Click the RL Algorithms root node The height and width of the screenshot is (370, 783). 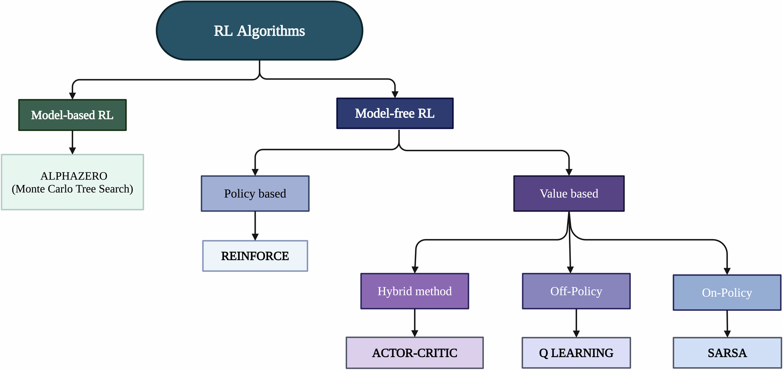pos(260,31)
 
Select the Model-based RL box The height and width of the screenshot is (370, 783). pos(72,115)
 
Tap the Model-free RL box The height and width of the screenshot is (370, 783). pos(395,113)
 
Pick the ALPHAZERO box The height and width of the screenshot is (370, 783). pos(72,182)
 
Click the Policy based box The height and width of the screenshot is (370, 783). pos(255,194)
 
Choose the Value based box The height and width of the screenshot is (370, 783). pos(569,194)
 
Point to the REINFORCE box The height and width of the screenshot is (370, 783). pos(255,256)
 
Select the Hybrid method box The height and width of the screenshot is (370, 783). pos(415,291)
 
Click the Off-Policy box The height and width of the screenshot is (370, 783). pos(576,291)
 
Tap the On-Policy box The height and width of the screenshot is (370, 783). pos(727,293)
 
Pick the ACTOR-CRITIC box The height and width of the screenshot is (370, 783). pos(415,353)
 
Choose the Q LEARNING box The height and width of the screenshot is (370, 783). pos(576,353)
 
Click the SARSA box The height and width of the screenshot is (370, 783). pos(727,353)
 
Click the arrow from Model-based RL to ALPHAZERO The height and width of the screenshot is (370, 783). pos(72,142)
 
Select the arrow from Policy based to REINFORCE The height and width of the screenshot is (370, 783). pos(255,226)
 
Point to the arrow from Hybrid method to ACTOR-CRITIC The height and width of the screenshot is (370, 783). pos(415,323)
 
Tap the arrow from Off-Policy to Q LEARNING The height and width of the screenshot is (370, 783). pos(576,323)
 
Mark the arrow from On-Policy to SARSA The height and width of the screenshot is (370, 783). pos(727,324)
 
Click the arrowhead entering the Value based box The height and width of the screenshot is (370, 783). pos(569,172)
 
